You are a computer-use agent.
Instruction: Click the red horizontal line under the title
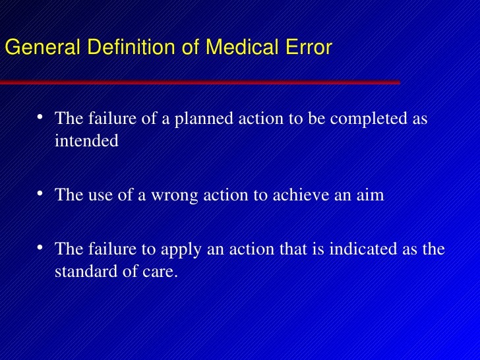tap(198, 82)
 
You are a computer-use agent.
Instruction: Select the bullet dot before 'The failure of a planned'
tap(40, 117)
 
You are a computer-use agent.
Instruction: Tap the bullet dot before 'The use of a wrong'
tap(40, 193)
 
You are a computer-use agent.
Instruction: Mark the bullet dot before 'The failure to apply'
tap(40, 247)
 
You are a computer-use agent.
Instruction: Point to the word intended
tap(86, 141)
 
